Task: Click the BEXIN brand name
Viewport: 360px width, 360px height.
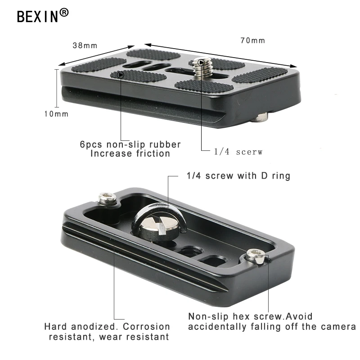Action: click(x=38, y=16)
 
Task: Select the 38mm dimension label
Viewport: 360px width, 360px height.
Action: click(x=85, y=45)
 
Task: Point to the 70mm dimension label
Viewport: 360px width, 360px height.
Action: click(x=252, y=40)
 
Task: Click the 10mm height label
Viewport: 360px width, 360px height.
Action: click(x=56, y=114)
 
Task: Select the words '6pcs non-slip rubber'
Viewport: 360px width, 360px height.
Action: click(x=130, y=144)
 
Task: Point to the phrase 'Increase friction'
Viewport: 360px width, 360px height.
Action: click(x=130, y=153)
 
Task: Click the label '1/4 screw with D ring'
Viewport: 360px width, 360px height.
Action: click(x=238, y=175)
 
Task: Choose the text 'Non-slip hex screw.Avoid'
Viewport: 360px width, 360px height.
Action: click(x=250, y=316)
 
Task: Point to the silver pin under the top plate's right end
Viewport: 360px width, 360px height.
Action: click(x=261, y=118)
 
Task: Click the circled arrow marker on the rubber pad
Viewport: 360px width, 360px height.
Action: click(x=121, y=74)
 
